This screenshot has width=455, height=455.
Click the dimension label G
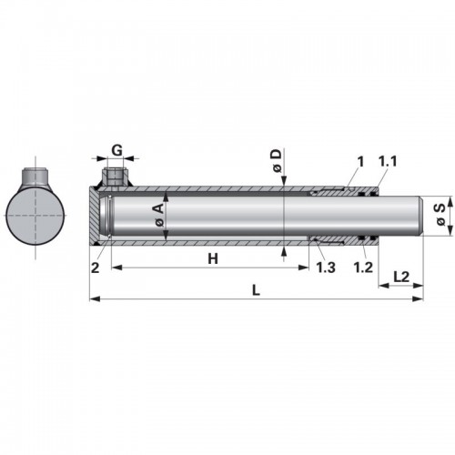(x=116, y=150)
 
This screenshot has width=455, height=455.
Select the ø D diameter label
(x=277, y=161)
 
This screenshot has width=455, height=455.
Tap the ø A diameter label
(x=159, y=216)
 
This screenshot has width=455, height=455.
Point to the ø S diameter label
(x=440, y=215)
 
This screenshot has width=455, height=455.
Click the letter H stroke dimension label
(x=213, y=259)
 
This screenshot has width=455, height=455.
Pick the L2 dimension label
(x=401, y=277)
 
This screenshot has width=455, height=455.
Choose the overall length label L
(x=257, y=290)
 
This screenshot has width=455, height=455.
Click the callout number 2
(x=96, y=268)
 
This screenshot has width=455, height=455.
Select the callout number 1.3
(x=326, y=268)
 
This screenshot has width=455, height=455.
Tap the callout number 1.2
(x=363, y=268)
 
